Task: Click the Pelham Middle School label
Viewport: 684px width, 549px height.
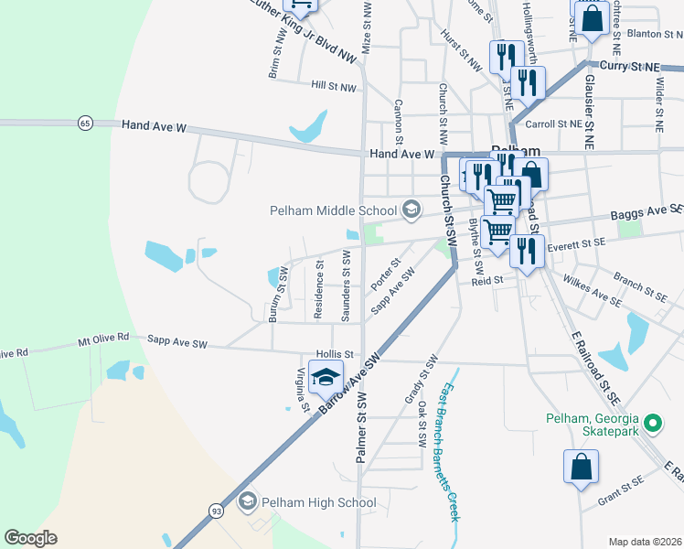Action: click(334, 210)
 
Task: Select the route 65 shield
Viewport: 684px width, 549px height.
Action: click(85, 123)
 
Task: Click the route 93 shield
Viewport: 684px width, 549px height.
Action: click(215, 509)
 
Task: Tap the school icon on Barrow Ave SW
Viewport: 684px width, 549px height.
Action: click(325, 376)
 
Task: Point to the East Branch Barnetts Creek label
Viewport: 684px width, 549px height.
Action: click(451, 452)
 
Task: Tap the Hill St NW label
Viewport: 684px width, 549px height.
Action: click(332, 84)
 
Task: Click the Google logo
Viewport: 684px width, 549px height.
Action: click(31, 538)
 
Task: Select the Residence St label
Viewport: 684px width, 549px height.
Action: click(319, 291)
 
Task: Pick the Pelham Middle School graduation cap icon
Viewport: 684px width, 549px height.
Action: click(411, 210)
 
